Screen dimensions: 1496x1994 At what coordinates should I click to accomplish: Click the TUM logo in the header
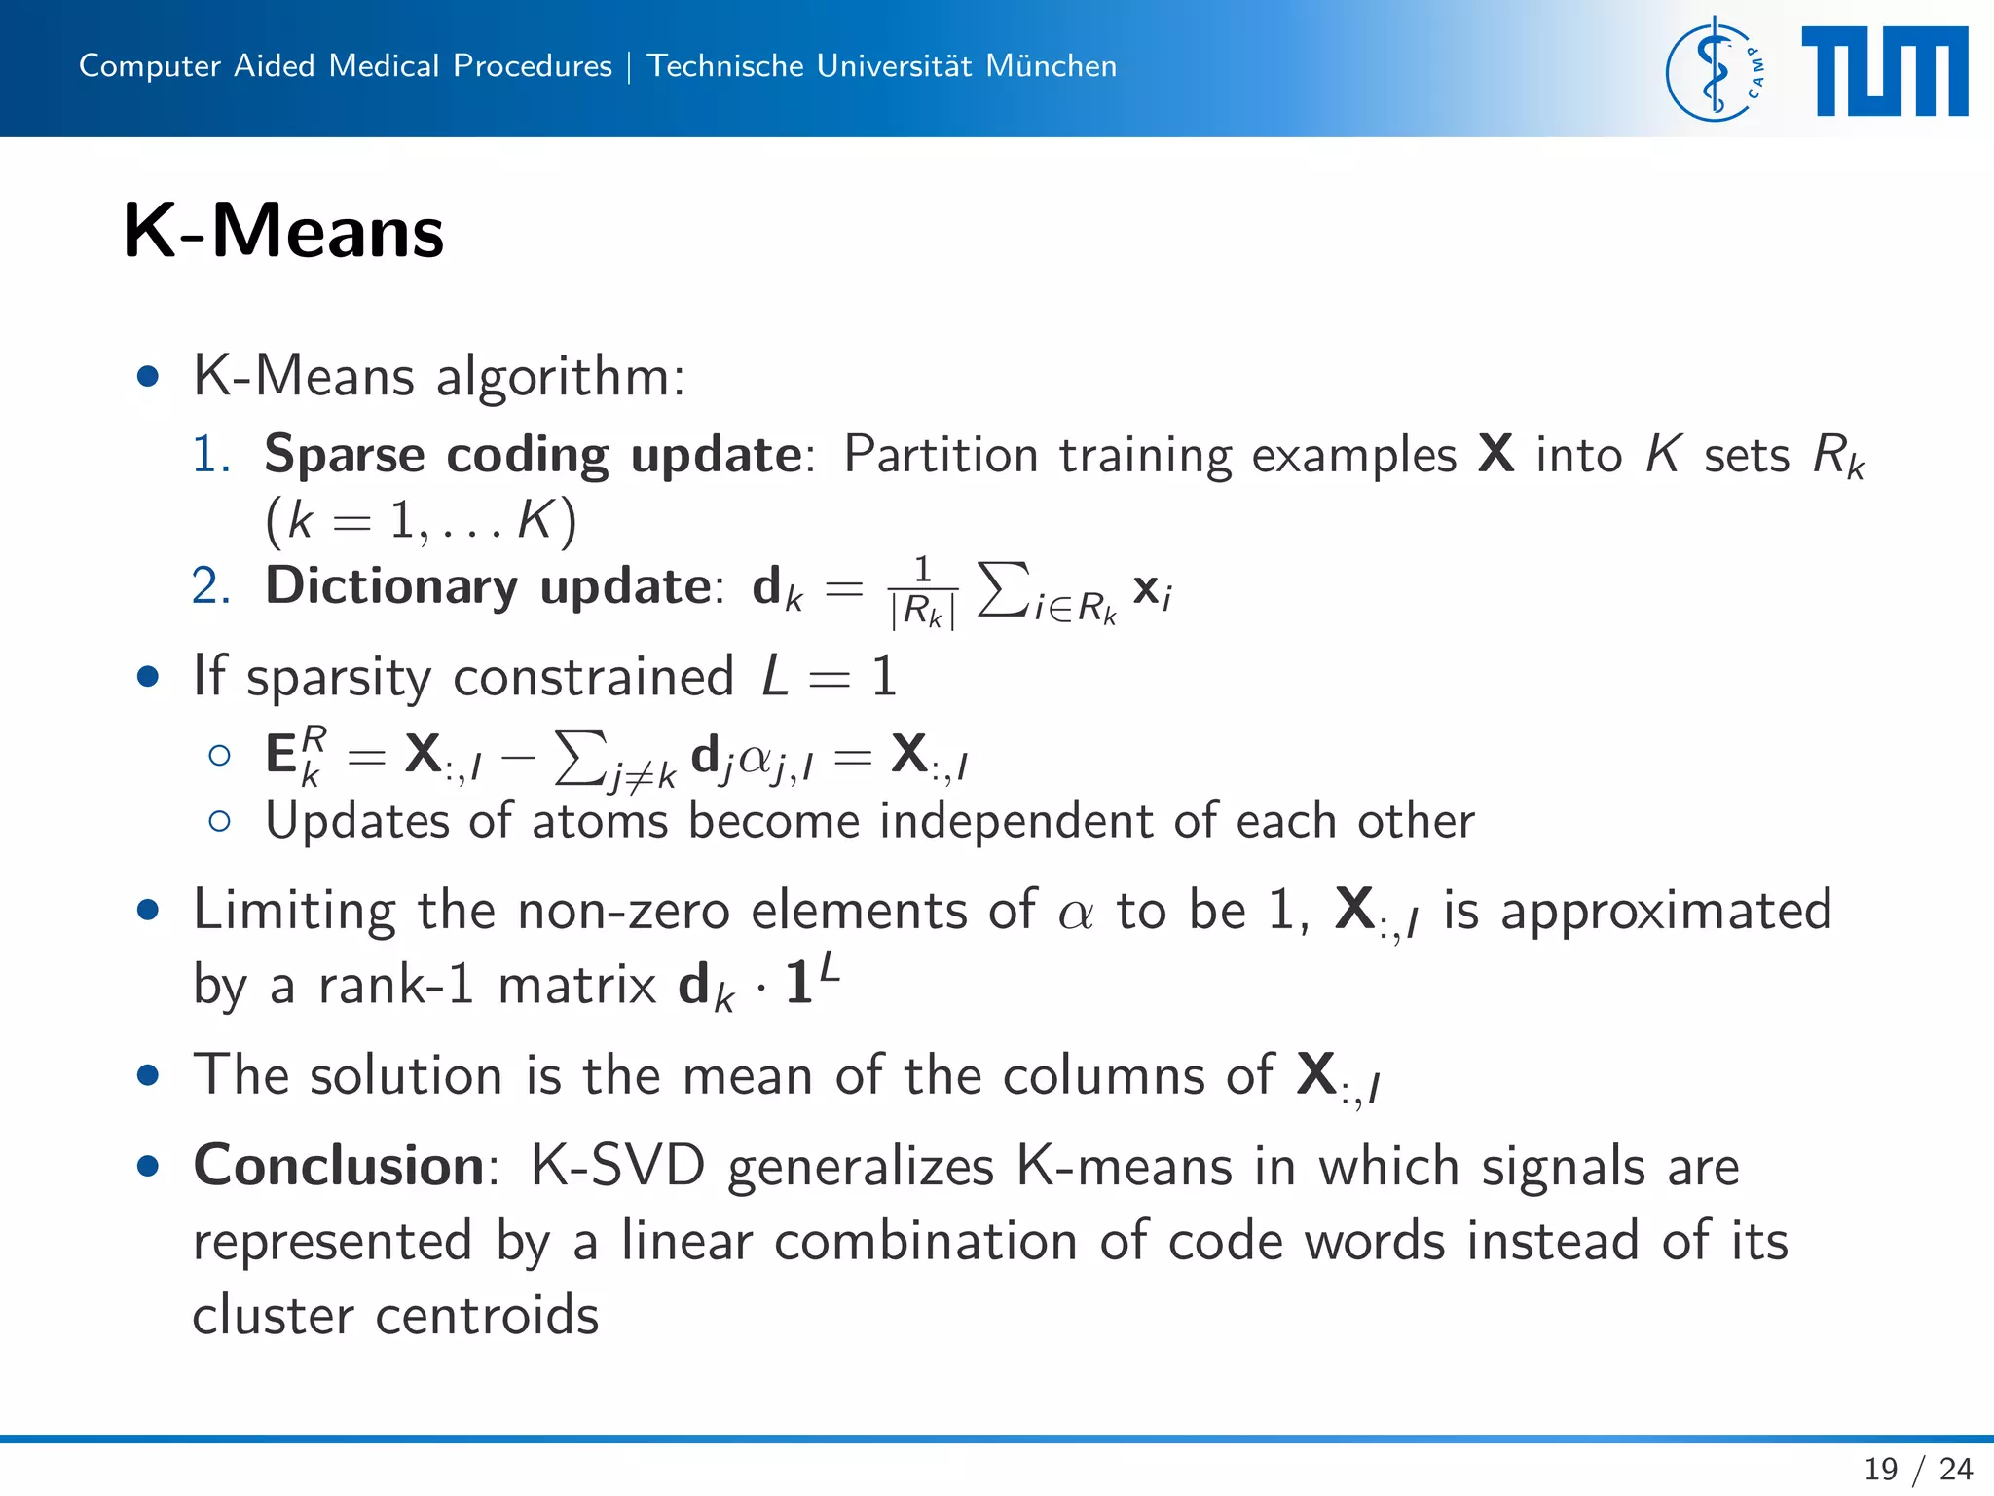(1884, 72)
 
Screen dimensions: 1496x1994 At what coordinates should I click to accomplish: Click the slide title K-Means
(283, 232)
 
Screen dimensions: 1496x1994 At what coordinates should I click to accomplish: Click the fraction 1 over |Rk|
(923, 592)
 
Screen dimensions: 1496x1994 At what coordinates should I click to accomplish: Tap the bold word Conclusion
(339, 1165)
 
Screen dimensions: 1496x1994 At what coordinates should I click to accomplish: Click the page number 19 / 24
(1917, 1469)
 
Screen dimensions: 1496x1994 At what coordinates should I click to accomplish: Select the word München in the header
(1051, 65)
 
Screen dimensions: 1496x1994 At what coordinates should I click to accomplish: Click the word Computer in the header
(150, 65)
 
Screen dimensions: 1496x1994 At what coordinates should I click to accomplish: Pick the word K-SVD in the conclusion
(617, 1165)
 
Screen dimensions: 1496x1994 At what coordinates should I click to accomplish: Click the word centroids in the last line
(487, 1315)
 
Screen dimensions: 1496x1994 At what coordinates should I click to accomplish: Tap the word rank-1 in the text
(396, 985)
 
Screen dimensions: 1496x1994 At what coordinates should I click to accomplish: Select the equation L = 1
(829, 676)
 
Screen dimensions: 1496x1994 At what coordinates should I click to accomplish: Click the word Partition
(941, 455)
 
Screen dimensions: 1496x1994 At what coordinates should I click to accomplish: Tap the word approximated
(1666, 911)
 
